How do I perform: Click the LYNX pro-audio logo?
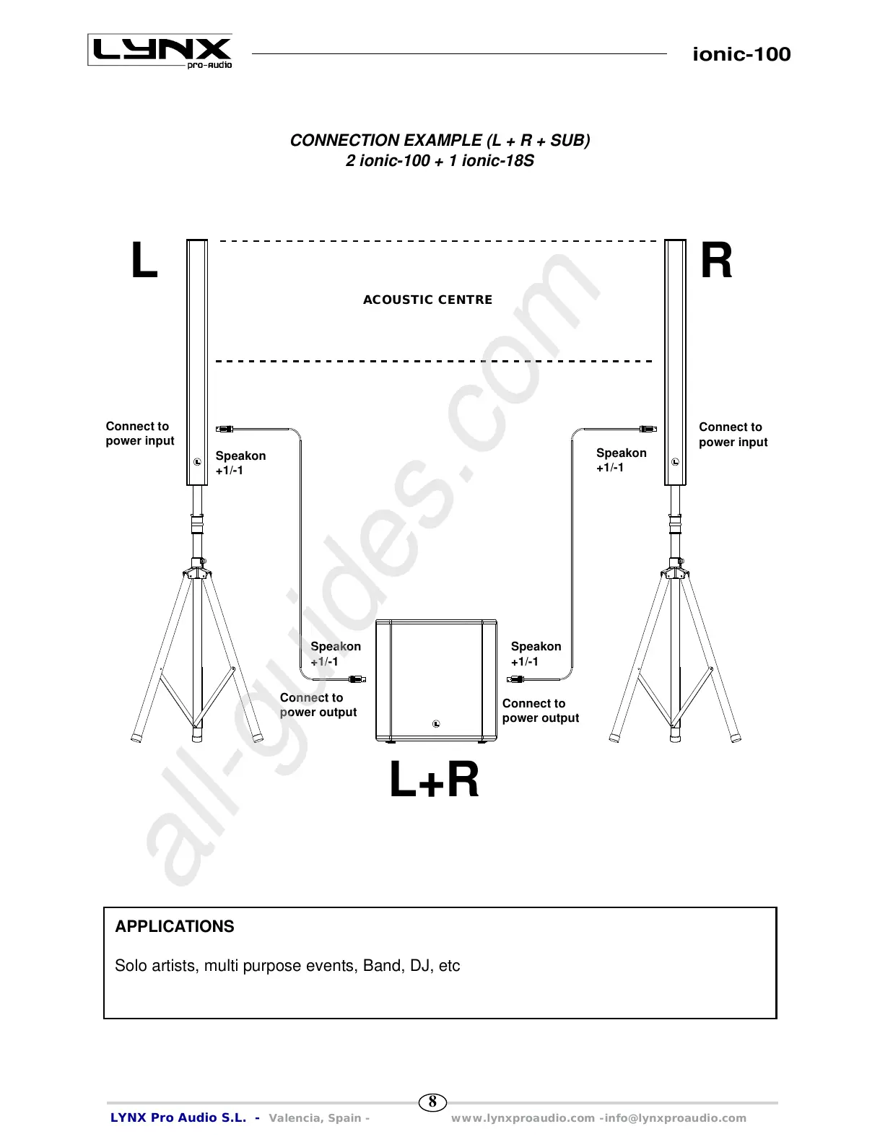[160, 51]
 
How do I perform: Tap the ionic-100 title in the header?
[741, 54]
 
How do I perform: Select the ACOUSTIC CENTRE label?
[427, 300]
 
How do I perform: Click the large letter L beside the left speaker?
[144, 261]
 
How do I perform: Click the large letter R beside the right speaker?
[716, 261]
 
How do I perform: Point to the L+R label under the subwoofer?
[434, 780]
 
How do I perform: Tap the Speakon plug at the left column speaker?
[225, 430]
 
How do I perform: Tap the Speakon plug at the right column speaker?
[648, 429]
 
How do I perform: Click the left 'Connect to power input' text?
[140, 434]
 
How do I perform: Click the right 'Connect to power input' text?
[733, 435]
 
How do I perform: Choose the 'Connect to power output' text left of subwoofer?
[318, 705]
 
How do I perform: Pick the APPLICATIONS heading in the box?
[175, 927]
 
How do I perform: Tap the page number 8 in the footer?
[432, 1102]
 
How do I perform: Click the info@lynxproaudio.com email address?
[676, 1118]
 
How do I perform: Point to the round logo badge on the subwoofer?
[436, 724]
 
